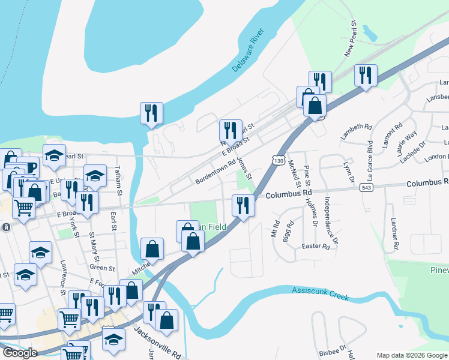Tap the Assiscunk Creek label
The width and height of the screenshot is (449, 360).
point(321,293)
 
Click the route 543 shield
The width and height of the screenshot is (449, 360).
point(365,188)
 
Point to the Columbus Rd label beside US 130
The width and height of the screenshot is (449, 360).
point(289,194)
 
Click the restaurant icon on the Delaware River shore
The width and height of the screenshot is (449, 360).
point(151,113)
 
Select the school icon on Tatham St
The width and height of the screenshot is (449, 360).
point(95,175)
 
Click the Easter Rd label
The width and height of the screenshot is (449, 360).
point(316,247)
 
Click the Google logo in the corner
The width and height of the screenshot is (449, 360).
point(19,353)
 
